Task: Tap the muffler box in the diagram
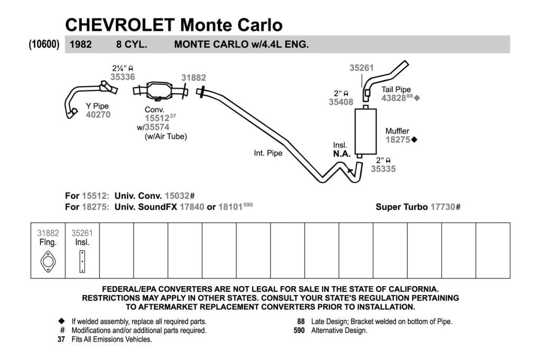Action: click(x=365, y=131)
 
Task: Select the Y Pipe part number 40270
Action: click(x=98, y=114)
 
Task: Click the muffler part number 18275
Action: click(x=398, y=140)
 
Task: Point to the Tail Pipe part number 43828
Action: click(x=393, y=98)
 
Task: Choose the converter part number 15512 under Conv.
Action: click(x=157, y=119)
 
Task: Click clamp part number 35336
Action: click(x=122, y=77)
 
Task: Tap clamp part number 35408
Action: click(x=341, y=102)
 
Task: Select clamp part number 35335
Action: click(x=383, y=169)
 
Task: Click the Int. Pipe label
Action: click(x=268, y=153)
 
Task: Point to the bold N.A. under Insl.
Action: click(x=342, y=154)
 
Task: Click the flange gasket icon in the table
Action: click(x=48, y=261)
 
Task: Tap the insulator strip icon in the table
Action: click(x=82, y=261)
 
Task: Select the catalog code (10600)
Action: click(x=44, y=44)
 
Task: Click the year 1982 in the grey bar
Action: click(x=81, y=44)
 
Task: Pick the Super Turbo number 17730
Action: click(x=443, y=207)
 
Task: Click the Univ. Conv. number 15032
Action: click(x=177, y=196)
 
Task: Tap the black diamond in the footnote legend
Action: click(x=61, y=321)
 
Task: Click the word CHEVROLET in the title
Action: click(x=120, y=25)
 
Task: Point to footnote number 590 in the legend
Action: click(x=300, y=330)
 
